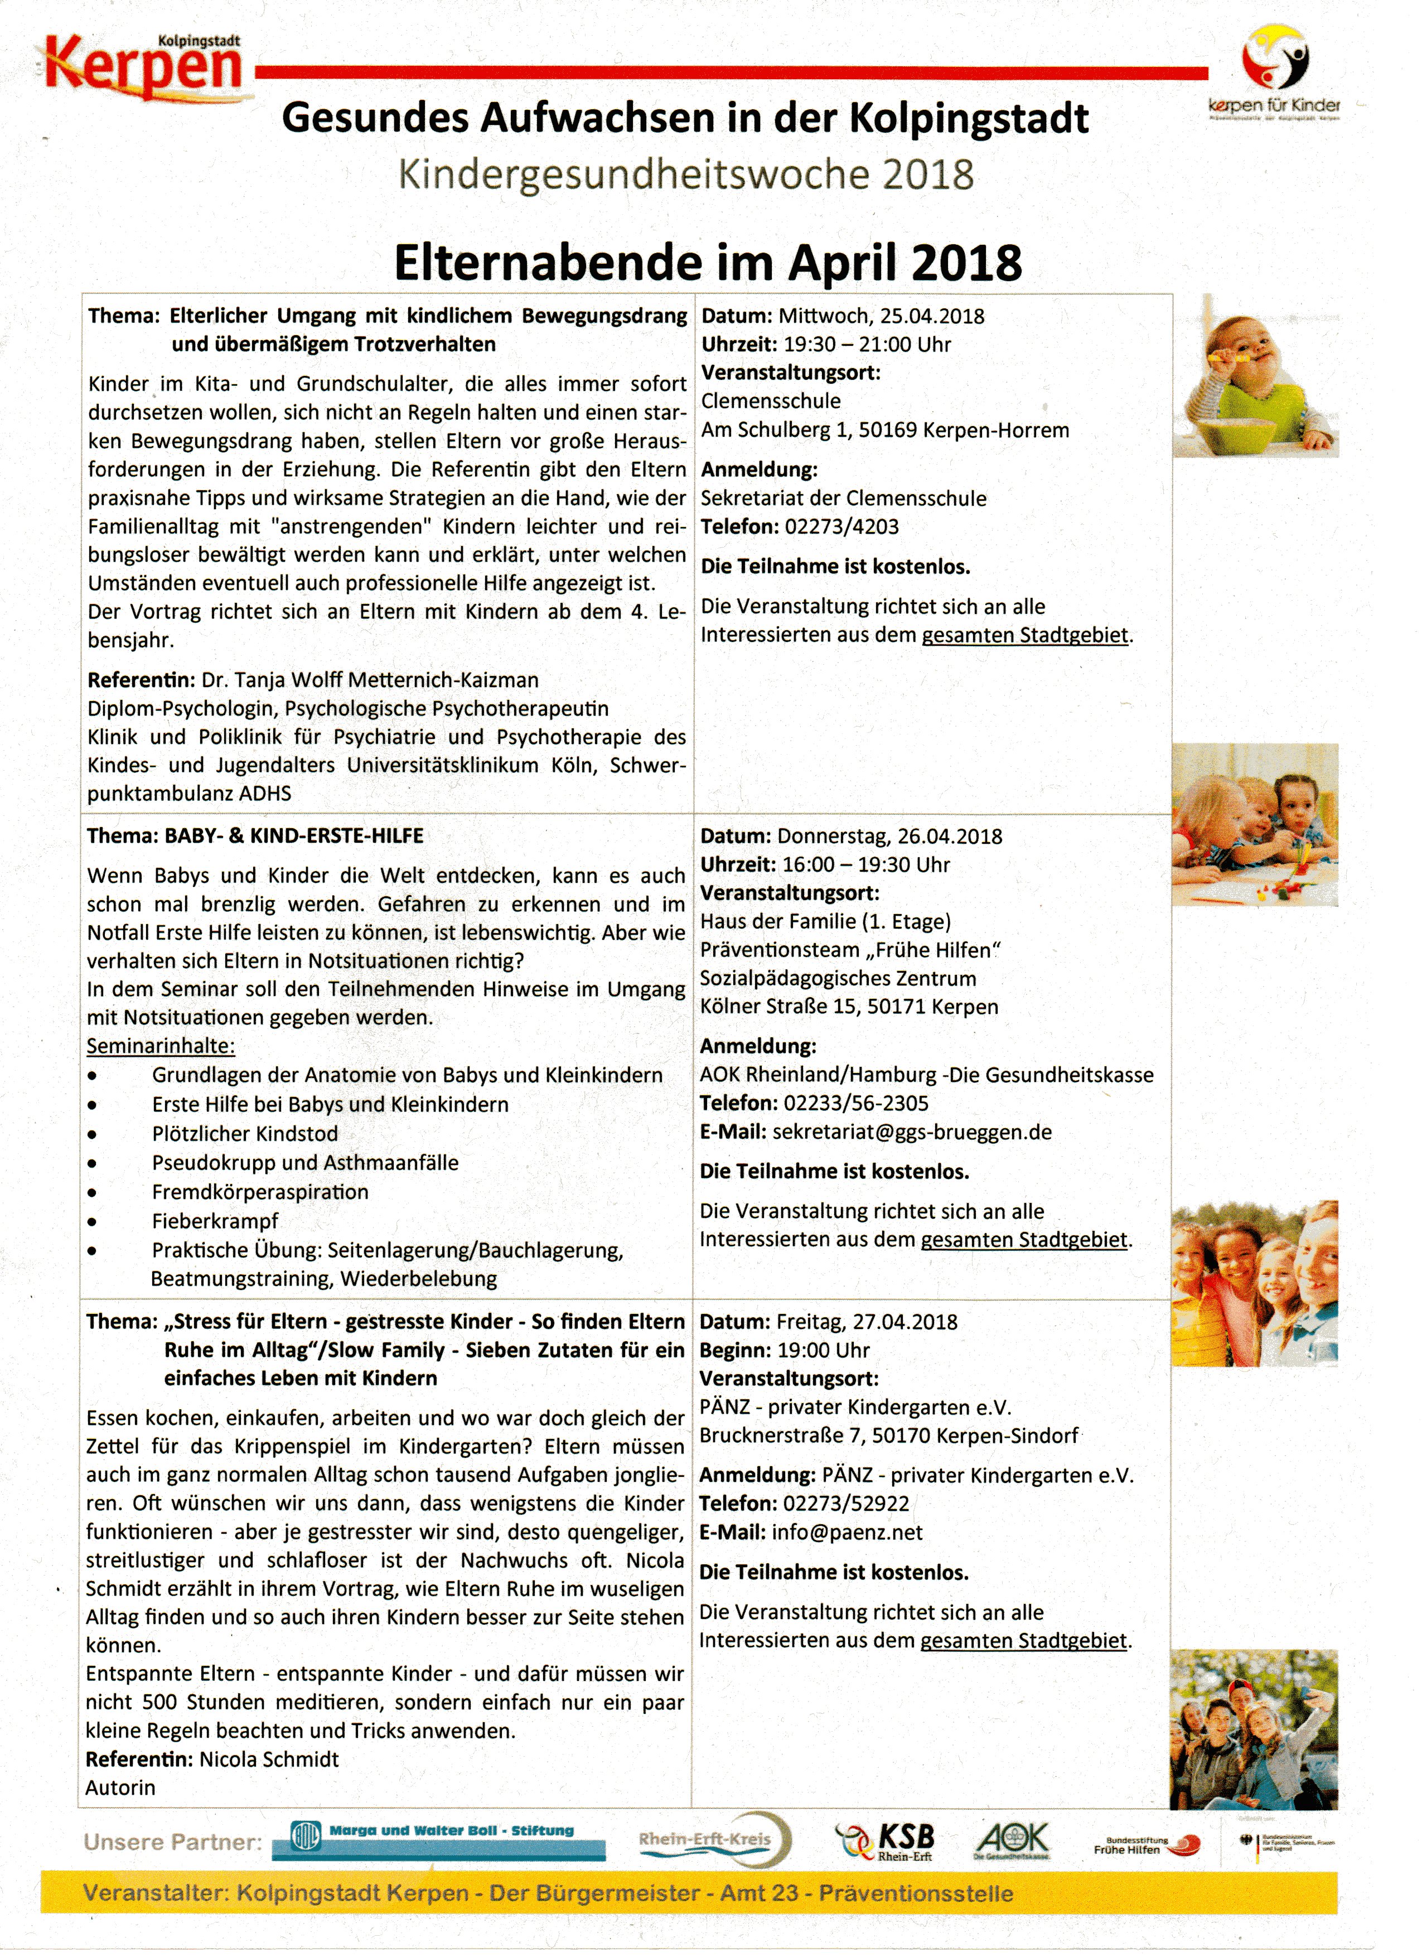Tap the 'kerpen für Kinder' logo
point(1274,74)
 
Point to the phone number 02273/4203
point(841,526)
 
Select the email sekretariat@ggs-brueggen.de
point(912,1132)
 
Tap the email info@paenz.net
point(847,1533)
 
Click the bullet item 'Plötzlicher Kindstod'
point(245,1134)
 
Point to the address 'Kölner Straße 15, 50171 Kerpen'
point(849,1007)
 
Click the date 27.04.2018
point(905,1322)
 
